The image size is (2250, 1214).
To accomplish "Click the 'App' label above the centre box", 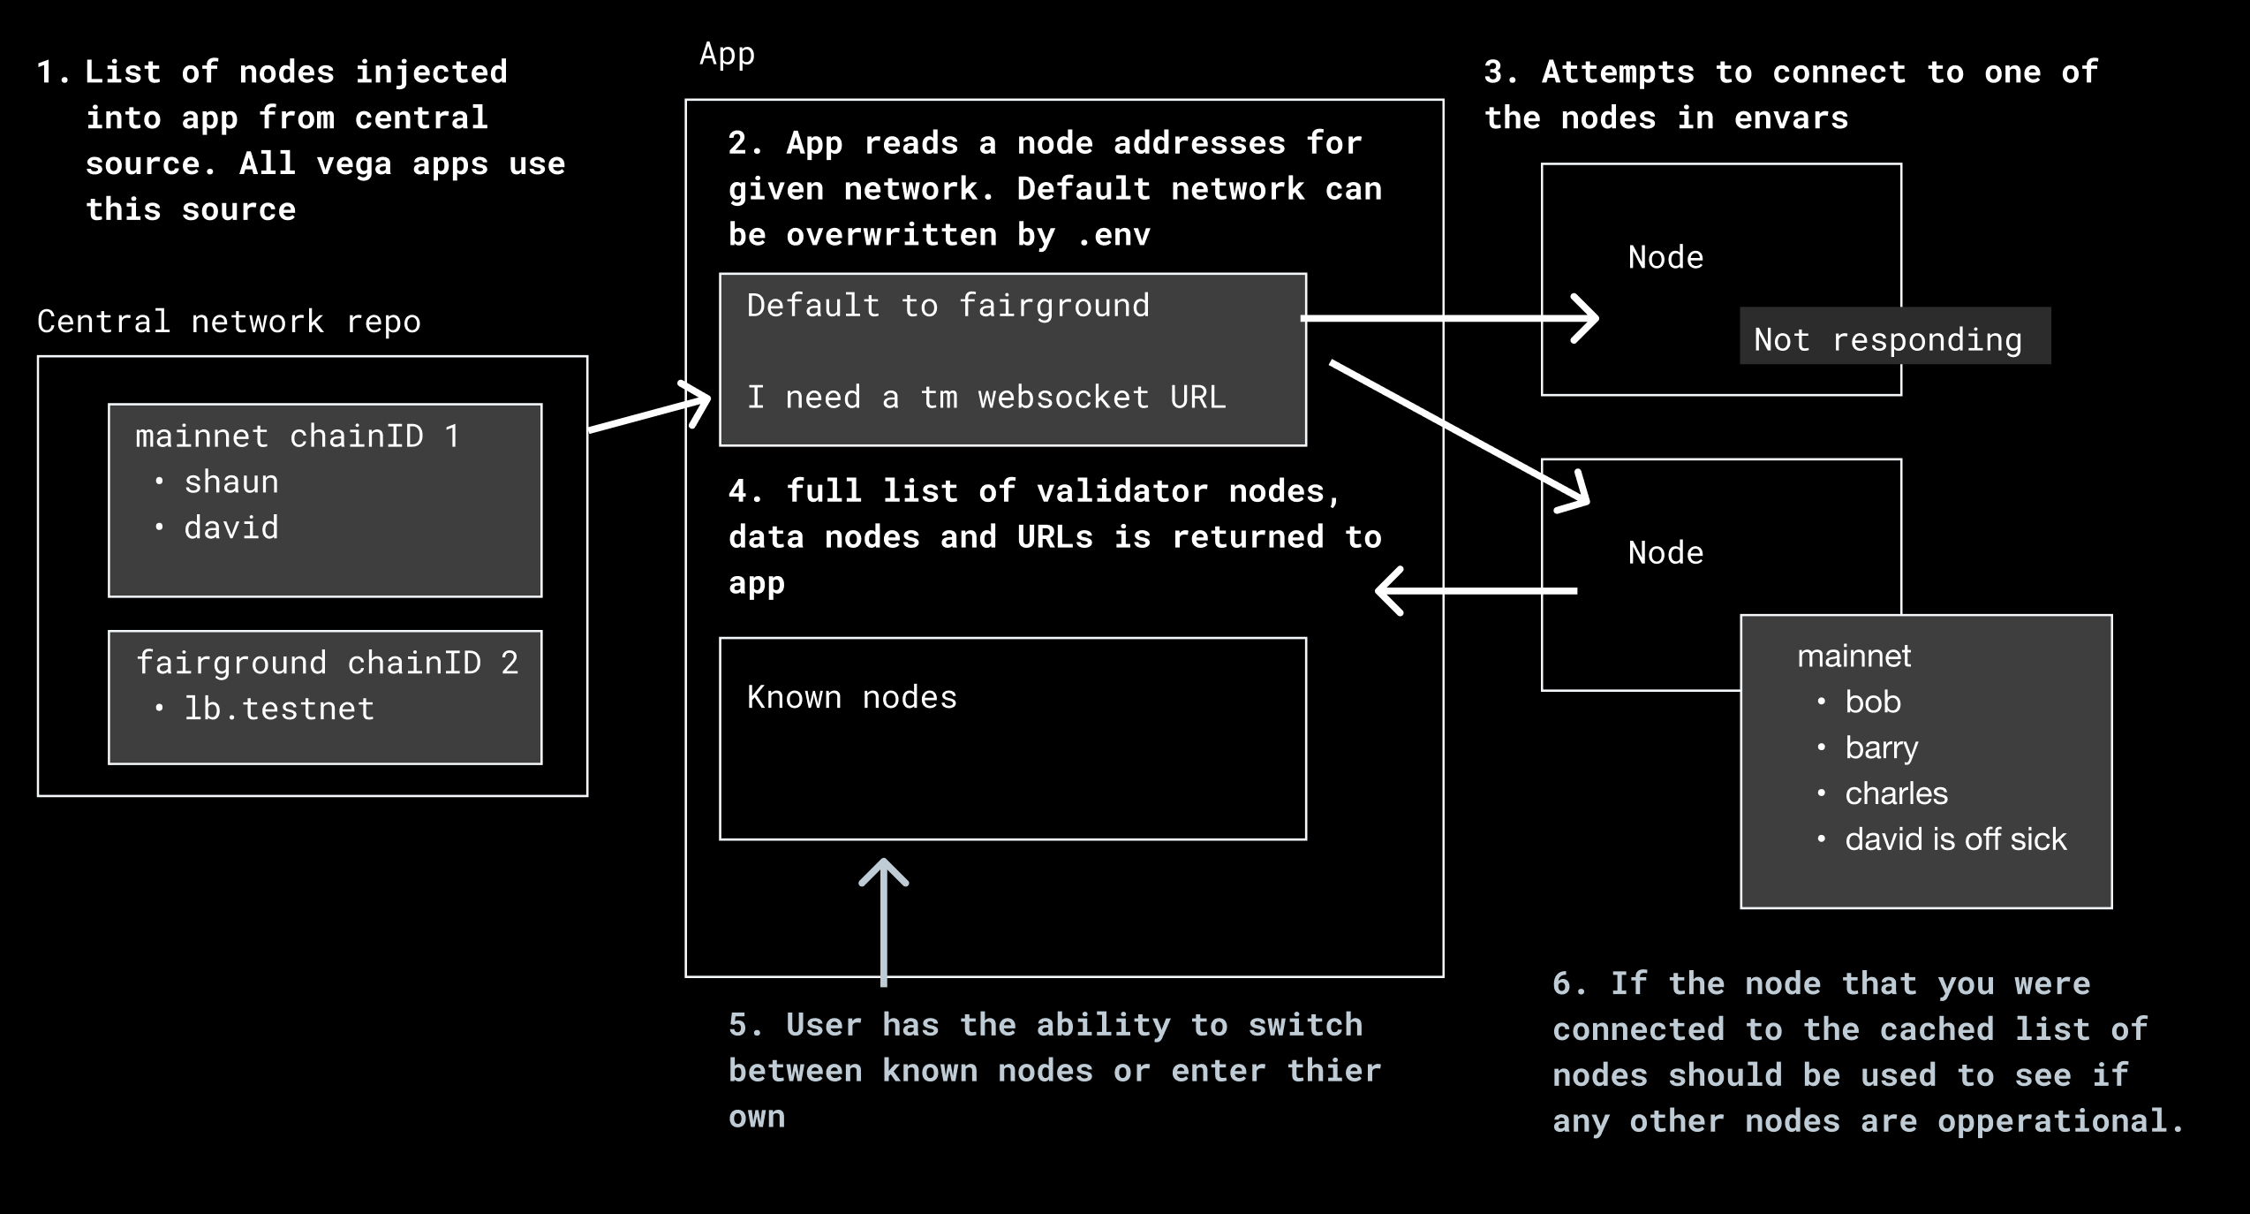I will click(x=727, y=54).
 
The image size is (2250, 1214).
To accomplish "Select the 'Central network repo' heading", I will click(x=229, y=322).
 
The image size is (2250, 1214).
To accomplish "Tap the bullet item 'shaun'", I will click(x=231, y=482).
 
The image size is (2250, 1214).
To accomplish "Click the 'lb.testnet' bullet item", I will click(x=279, y=709).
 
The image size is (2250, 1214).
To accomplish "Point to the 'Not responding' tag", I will click(x=1888, y=339).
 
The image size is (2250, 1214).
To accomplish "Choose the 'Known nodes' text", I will click(x=851, y=698).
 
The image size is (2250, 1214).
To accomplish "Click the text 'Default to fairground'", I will click(x=948, y=306).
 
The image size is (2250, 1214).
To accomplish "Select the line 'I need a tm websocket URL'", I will click(x=985, y=398).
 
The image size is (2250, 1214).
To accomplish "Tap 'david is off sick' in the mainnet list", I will click(x=1955, y=839).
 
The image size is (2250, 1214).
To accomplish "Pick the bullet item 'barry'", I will click(x=1881, y=748).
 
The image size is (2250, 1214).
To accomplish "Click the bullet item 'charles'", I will click(x=1896, y=793).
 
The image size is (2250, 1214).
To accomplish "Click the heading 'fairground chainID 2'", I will click(x=327, y=663).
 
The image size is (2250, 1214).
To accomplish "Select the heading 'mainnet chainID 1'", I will click(x=297, y=436).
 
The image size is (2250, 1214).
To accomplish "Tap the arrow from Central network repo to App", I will click(x=649, y=412).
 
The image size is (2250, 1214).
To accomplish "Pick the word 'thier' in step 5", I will click(x=1333, y=1071).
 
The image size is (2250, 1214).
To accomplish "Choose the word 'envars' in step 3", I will click(x=1790, y=118).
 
